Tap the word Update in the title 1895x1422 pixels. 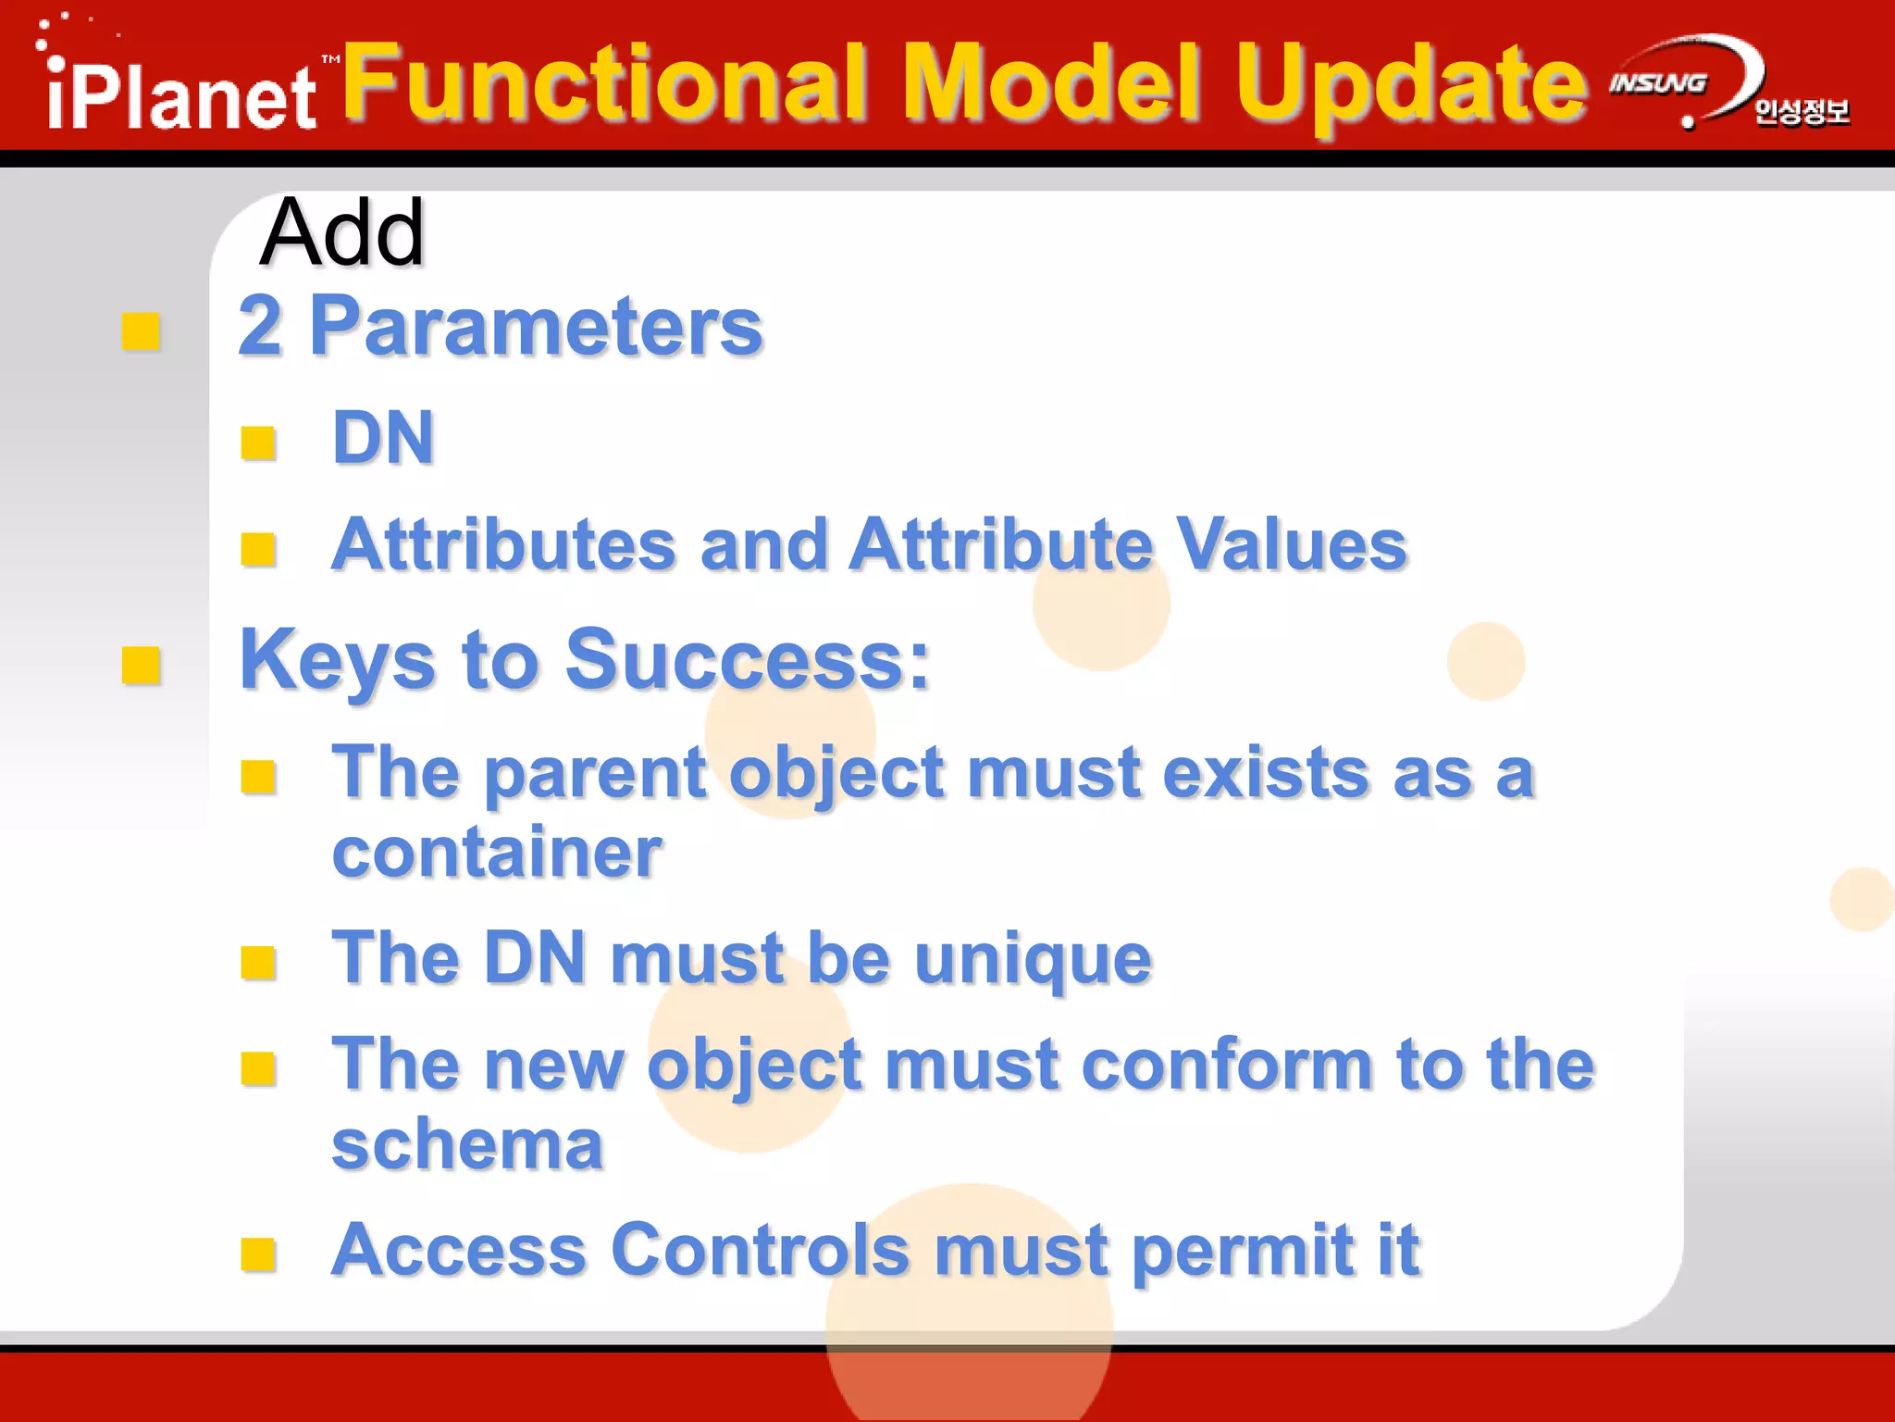click(x=1411, y=85)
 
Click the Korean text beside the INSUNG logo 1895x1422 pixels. click(x=1801, y=112)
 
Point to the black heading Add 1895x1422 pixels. click(x=341, y=233)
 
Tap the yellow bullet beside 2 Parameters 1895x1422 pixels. click(x=141, y=332)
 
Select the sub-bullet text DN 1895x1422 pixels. click(x=383, y=438)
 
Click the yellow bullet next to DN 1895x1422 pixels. click(x=258, y=443)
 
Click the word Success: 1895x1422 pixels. click(x=747, y=660)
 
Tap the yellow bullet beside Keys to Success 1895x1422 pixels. click(x=141, y=665)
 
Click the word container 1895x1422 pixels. click(x=497, y=853)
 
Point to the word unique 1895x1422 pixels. click(x=1033, y=959)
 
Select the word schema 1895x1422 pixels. click(x=467, y=1145)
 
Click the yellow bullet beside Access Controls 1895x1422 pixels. click(x=258, y=1255)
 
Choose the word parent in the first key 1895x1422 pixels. click(x=595, y=774)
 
